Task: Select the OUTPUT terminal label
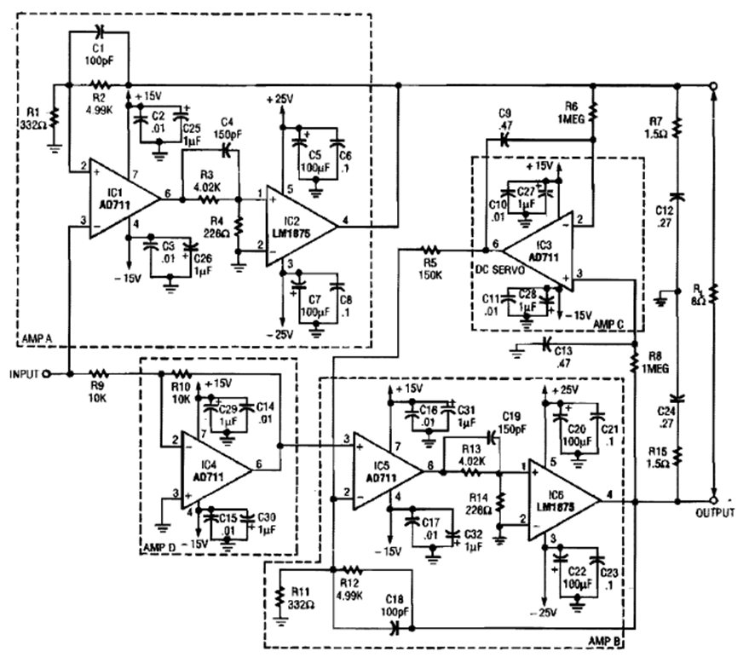[713, 513]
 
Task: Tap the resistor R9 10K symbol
[99, 373]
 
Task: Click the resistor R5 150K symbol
[430, 250]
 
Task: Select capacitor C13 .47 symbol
[545, 344]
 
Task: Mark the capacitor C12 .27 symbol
[677, 198]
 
